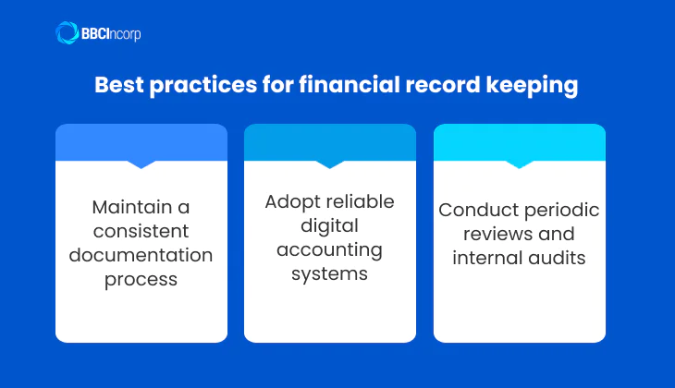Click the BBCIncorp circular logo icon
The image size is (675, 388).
click(67, 33)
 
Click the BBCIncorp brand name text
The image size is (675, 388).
click(112, 34)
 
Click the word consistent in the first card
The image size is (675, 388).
click(141, 230)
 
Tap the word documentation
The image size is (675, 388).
click(141, 254)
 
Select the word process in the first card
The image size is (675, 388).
click(141, 278)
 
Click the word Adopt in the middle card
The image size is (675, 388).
click(291, 201)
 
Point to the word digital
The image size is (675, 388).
click(329, 225)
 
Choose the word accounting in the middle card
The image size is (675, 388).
click(329, 249)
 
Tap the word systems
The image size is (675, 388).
click(329, 273)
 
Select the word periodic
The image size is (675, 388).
click(555, 210)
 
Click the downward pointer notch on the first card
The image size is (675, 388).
click(141, 164)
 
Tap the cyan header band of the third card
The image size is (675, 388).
click(519, 141)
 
